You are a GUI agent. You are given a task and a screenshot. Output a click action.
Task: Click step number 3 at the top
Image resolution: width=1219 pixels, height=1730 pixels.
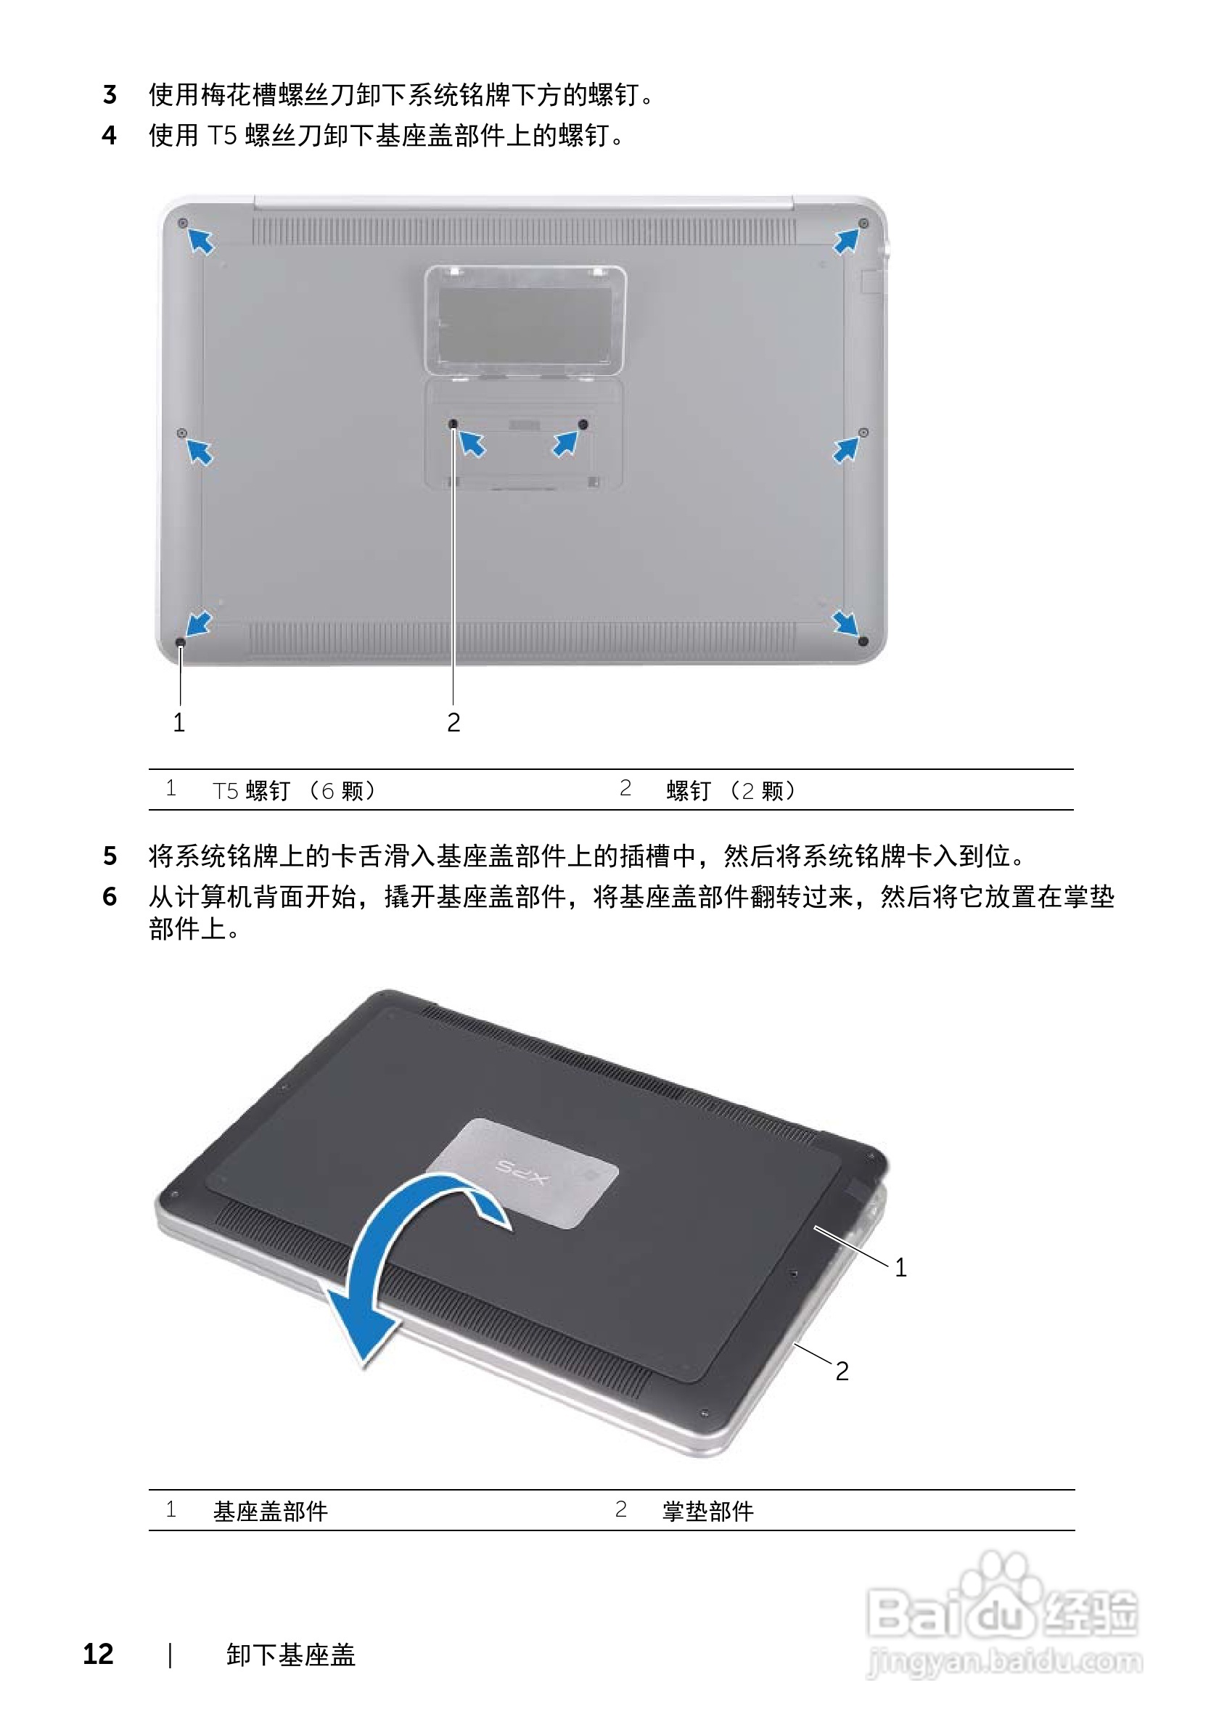[x=110, y=95]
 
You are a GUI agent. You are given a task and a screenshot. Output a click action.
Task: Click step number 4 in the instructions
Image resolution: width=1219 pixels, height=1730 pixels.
[x=110, y=136]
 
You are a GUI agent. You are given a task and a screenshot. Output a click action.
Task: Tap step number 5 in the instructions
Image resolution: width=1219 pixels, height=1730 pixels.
[x=110, y=856]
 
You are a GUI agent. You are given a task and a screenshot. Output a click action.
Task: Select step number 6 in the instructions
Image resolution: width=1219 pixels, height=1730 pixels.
[x=110, y=897]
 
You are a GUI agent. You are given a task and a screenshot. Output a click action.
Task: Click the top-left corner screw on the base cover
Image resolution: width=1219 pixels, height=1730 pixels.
[x=181, y=223]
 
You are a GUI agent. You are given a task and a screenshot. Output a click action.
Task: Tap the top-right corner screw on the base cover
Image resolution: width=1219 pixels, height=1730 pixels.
[x=863, y=223]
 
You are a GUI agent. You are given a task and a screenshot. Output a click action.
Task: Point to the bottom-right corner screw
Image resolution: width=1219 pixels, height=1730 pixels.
[x=863, y=641]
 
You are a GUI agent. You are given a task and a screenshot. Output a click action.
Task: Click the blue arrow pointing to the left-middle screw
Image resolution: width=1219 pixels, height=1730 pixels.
[x=200, y=452]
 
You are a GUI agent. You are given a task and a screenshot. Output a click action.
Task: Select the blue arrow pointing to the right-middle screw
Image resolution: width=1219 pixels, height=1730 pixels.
[x=845, y=451]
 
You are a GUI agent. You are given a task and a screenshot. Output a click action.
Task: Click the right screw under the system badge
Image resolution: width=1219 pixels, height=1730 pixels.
[x=583, y=425]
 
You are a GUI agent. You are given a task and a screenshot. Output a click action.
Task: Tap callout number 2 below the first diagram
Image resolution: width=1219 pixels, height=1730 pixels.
[x=453, y=723]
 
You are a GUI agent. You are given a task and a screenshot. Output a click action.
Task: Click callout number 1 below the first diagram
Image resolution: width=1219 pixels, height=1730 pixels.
[x=178, y=723]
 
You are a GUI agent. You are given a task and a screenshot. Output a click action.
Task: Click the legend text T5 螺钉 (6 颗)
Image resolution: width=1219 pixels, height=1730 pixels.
[x=293, y=790]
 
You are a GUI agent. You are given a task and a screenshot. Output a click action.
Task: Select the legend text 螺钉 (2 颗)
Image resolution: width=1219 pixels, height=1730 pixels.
[x=730, y=790]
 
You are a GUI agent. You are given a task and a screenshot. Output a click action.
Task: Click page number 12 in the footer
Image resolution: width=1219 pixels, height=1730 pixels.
[x=98, y=1654]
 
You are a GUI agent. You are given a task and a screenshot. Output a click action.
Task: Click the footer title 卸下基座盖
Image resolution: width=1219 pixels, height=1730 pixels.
[x=291, y=1655]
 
